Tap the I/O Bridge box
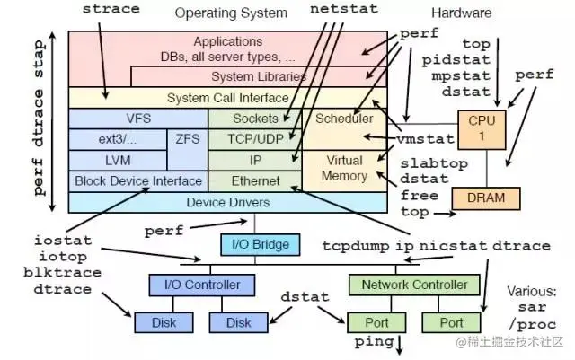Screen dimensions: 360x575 coord(254,243)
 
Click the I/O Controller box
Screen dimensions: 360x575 coord(195,285)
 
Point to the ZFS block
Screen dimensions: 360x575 coord(187,139)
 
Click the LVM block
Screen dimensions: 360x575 coord(117,160)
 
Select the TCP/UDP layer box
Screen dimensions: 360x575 coord(255,139)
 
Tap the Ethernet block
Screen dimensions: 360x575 coord(255,180)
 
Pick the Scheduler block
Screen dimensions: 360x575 coord(343,119)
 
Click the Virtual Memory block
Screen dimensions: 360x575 coord(343,169)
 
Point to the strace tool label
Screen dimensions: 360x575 coord(111,9)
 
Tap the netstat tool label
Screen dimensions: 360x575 coord(339,10)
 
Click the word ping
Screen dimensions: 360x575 coord(374,342)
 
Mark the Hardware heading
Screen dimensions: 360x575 coord(461,13)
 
